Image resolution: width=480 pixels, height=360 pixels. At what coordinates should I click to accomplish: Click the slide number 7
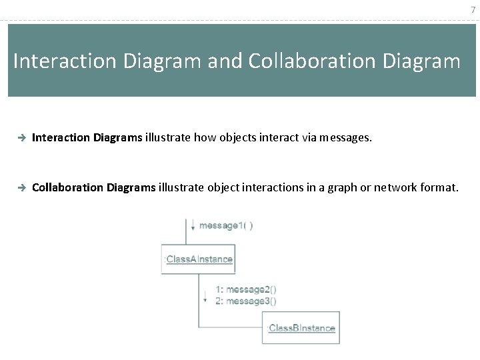click(473, 11)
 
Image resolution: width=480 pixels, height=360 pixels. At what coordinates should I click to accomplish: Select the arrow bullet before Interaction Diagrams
click(21, 138)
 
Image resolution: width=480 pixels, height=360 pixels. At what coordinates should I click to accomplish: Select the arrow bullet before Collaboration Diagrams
click(21, 188)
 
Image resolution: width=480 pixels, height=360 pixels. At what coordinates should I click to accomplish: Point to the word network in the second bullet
click(391, 188)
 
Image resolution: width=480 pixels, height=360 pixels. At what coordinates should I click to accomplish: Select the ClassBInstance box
click(301, 328)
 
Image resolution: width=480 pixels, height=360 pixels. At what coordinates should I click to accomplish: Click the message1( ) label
click(226, 225)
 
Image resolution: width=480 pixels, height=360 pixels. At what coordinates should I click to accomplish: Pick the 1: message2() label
click(246, 289)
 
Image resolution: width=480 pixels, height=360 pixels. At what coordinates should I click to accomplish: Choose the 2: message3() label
click(246, 301)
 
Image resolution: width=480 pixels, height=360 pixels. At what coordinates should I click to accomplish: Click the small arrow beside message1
click(193, 225)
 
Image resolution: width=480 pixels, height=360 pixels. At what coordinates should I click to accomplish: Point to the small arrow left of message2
click(205, 295)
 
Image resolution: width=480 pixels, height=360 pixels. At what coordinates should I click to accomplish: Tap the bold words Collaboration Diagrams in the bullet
click(94, 188)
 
